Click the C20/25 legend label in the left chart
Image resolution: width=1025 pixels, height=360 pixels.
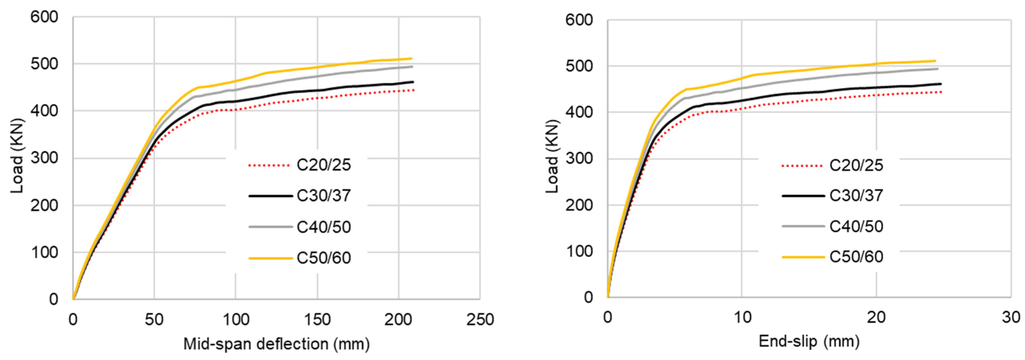[324, 165]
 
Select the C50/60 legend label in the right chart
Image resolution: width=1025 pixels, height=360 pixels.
[856, 257]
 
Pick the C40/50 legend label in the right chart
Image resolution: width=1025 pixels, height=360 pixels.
[856, 226]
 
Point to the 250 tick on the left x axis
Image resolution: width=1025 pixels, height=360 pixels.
[480, 320]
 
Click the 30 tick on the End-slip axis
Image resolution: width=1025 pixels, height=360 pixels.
[1011, 317]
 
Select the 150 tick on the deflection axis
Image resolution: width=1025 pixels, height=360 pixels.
[317, 320]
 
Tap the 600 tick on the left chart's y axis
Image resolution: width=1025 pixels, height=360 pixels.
[44, 17]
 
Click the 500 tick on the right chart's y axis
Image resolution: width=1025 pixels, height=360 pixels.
[579, 66]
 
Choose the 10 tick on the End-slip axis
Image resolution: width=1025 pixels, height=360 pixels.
[742, 317]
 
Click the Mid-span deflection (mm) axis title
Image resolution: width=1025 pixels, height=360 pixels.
[276, 344]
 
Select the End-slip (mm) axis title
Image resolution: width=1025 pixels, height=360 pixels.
[809, 341]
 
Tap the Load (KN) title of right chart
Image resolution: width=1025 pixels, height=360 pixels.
[552, 156]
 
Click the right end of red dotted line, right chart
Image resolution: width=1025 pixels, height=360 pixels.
[941, 92]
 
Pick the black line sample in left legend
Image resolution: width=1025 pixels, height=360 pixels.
[270, 196]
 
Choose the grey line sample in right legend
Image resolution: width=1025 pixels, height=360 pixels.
[803, 226]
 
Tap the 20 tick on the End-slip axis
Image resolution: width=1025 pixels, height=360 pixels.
[876, 317]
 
